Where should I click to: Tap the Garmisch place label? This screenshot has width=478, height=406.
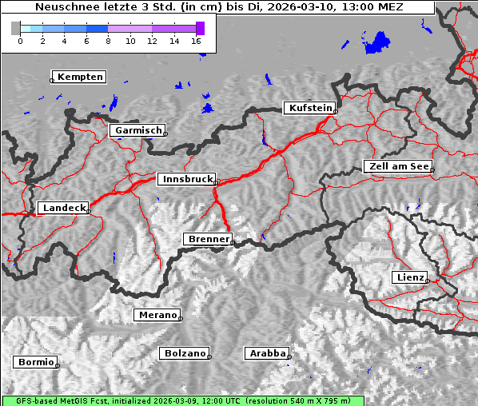tap(138, 130)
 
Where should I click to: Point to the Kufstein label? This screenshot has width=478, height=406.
tap(310, 108)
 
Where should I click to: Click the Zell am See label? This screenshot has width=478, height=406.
tap(398, 166)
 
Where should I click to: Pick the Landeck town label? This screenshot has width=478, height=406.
tap(63, 208)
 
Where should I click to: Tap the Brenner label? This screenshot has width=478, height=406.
tap(208, 239)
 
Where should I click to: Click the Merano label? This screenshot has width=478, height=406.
tap(157, 315)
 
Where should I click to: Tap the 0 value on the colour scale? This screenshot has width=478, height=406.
tap(20, 40)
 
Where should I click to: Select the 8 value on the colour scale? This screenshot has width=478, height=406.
tap(108, 40)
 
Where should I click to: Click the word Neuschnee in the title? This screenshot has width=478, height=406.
tap(63, 7)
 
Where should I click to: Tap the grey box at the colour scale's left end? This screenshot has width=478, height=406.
tap(15, 28)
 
